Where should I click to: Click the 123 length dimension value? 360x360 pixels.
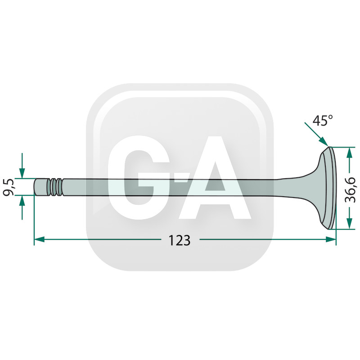(x=179, y=240)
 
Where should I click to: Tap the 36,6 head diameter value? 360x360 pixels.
(x=351, y=189)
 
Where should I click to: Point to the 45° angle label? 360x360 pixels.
(x=322, y=120)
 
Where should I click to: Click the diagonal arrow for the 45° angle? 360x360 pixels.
(x=317, y=134)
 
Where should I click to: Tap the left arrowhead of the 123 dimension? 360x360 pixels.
(x=39, y=239)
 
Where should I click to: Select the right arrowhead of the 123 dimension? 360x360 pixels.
(x=331, y=239)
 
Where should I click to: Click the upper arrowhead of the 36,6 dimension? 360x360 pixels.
(x=349, y=152)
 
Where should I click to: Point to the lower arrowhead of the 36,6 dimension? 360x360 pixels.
(x=349, y=223)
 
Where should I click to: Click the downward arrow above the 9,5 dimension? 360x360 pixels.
(x=22, y=166)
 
